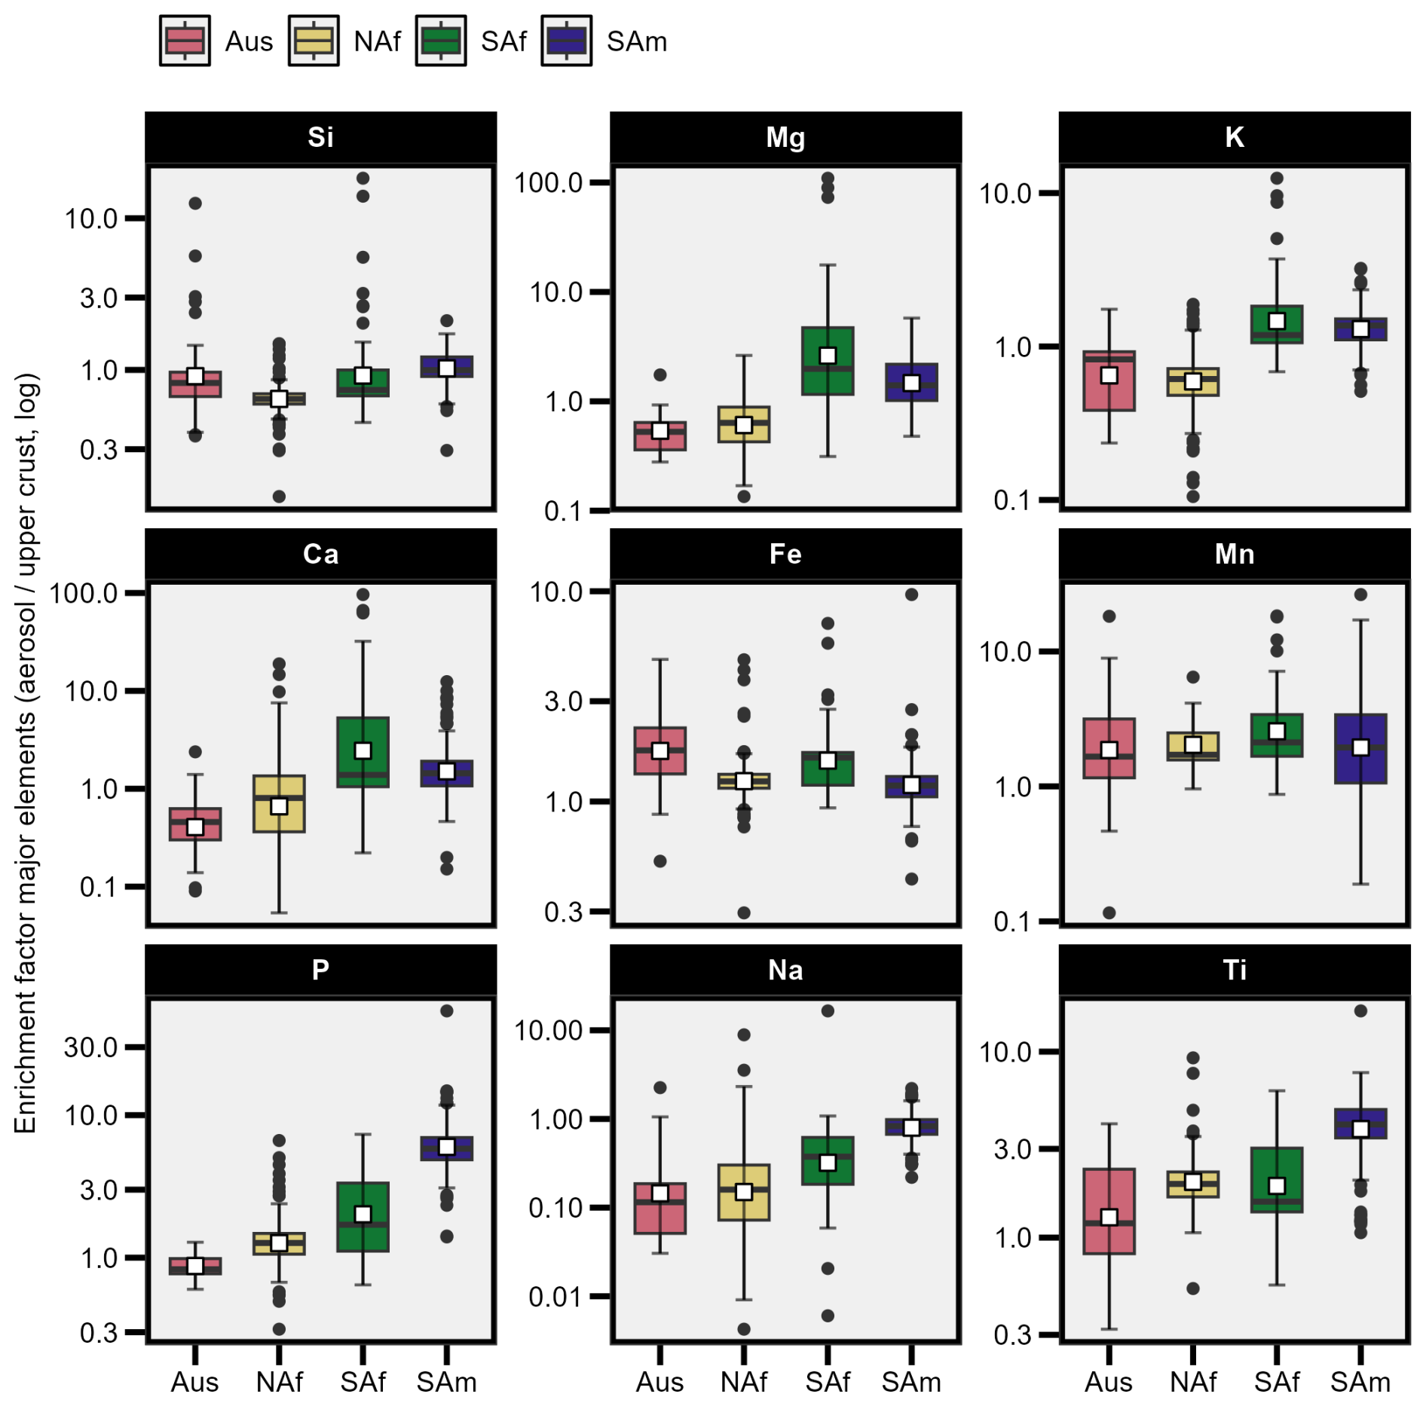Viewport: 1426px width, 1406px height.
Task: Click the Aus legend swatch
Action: [185, 41]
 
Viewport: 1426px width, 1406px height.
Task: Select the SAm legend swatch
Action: [566, 41]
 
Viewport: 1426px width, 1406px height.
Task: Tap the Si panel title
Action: [320, 137]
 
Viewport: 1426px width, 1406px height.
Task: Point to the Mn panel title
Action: [1234, 554]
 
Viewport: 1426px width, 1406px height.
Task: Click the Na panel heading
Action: [785, 970]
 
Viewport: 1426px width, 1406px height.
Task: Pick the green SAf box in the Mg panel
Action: [828, 361]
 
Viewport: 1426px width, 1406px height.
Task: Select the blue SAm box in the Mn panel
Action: [1360, 749]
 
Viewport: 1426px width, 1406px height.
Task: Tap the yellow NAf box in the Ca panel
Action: [279, 804]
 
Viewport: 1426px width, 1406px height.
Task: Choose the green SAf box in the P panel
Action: [363, 1217]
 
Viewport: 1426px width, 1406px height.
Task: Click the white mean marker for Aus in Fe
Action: [659, 750]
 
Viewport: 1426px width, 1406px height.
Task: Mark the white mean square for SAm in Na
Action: [911, 1127]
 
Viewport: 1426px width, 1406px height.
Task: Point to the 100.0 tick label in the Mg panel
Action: [549, 182]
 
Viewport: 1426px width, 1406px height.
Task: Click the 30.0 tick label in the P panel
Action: [90, 1047]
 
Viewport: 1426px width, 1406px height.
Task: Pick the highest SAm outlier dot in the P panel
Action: [447, 1010]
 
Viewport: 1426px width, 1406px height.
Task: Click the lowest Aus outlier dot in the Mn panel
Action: [1109, 912]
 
